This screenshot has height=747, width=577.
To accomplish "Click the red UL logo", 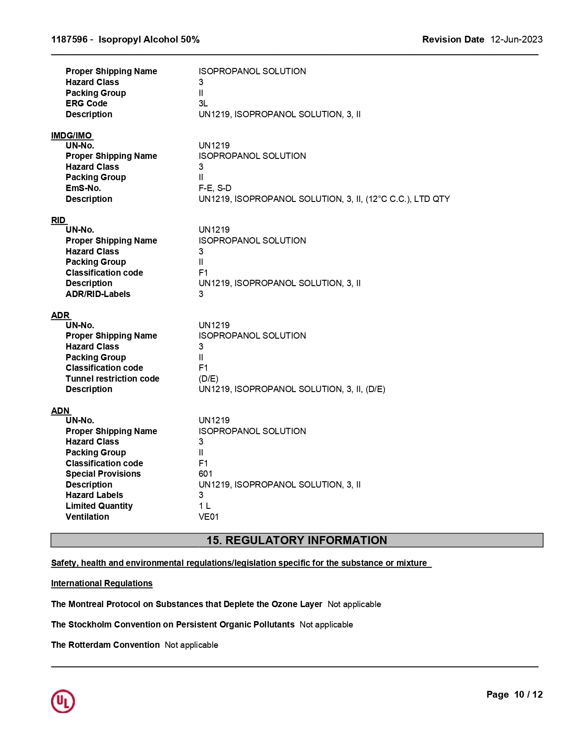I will pyautogui.click(x=63, y=701).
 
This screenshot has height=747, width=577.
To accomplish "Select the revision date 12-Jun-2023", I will pyautogui.click(x=516, y=39).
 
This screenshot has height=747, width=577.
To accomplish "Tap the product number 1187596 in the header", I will pyautogui.click(x=69, y=39).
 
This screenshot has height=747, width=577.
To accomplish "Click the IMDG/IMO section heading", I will pyautogui.click(x=72, y=135).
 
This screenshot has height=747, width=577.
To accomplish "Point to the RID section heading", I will pyautogui.click(x=58, y=220).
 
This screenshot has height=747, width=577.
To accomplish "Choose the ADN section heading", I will pyautogui.click(x=60, y=411).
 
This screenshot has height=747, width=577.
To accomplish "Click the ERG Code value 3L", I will pyautogui.click(x=203, y=103).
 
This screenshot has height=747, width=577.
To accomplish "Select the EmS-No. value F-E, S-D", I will pyautogui.click(x=215, y=188).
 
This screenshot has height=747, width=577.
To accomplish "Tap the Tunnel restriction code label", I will pyautogui.click(x=112, y=378).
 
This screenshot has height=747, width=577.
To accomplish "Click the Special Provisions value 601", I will pyautogui.click(x=205, y=474).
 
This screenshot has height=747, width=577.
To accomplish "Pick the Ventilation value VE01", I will pyautogui.click(x=209, y=517).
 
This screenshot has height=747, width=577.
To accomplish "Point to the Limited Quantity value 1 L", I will pyautogui.click(x=205, y=506).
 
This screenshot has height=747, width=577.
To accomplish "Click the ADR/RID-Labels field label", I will pyautogui.click(x=98, y=294).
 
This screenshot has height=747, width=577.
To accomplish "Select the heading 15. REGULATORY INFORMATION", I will pyautogui.click(x=297, y=540).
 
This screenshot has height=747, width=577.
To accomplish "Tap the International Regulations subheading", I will pyautogui.click(x=102, y=583).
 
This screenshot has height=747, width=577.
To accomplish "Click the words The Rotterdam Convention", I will pyautogui.click(x=105, y=645).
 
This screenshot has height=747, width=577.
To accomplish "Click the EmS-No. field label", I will pyautogui.click(x=83, y=188).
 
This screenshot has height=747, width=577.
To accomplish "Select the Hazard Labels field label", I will pyautogui.click(x=94, y=495).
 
